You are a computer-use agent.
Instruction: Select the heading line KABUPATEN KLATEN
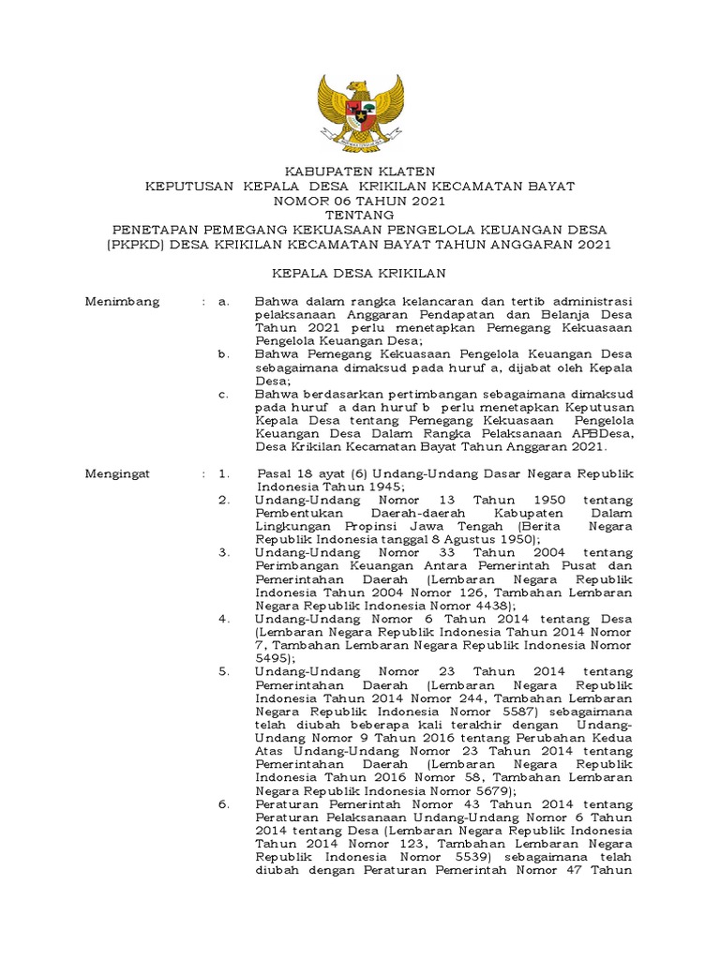pos(360,172)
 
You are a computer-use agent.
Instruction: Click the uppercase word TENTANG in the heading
pos(360,215)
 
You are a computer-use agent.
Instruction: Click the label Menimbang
pos(122,302)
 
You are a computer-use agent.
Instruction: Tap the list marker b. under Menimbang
pos(223,354)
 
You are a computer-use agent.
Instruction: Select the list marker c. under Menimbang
pos(223,395)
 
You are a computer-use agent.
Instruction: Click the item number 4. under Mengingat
pos(224,620)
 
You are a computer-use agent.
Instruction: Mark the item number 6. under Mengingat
pos(224,804)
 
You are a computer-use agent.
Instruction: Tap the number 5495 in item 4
pos(272,659)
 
